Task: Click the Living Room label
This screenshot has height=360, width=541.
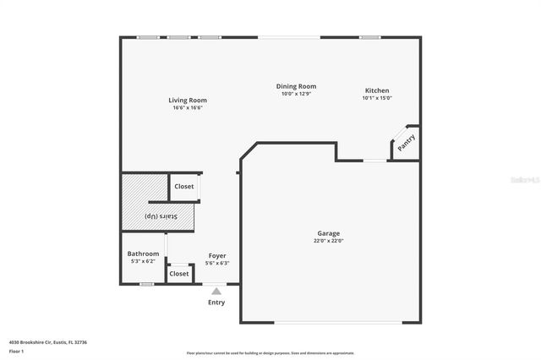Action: point(188,101)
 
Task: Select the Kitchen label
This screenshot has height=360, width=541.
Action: point(377,90)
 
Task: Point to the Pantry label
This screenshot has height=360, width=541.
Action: point(406,143)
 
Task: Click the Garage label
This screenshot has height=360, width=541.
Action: point(329,233)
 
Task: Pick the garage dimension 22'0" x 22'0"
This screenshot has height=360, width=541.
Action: point(329,241)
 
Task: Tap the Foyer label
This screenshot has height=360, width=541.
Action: point(217,255)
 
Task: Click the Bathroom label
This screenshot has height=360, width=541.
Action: point(143,254)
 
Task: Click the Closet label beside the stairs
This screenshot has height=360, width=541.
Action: point(183,186)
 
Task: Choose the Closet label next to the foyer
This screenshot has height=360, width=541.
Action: point(179,274)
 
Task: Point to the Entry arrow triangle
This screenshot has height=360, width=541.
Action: point(216,292)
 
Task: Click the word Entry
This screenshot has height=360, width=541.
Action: point(216,302)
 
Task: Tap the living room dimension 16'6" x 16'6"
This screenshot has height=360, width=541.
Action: point(188,108)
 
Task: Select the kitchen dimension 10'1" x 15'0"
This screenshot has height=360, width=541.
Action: point(377,98)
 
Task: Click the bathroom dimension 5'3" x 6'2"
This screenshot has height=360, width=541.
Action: point(143,261)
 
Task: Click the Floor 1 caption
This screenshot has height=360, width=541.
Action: point(16,351)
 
